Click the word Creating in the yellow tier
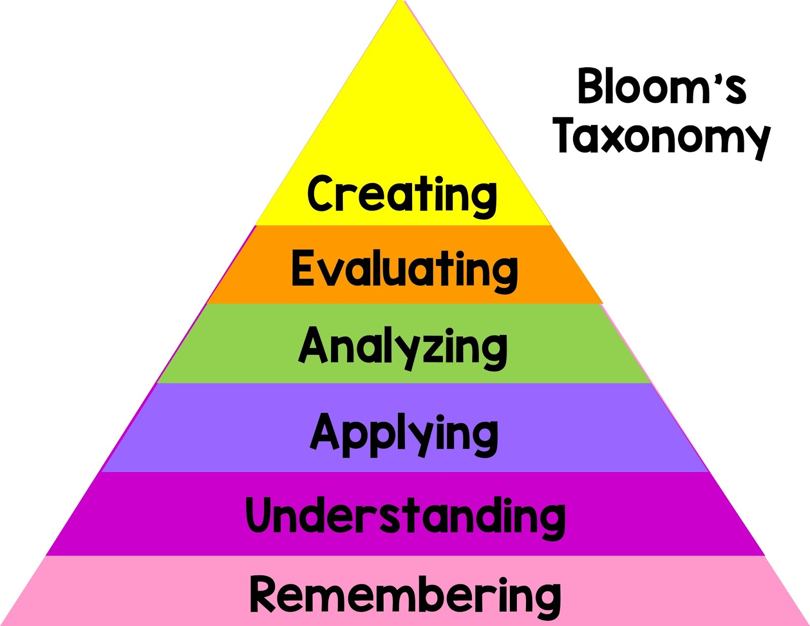pos(402,195)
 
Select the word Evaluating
pos(404,269)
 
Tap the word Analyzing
pos(403,347)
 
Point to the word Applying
pos(404,434)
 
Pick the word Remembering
pos(405,595)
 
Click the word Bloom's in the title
pos(661,87)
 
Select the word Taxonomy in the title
pos(661,136)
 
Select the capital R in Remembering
pos(267,594)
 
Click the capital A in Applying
pos(325,432)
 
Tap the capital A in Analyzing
pos(313,346)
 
